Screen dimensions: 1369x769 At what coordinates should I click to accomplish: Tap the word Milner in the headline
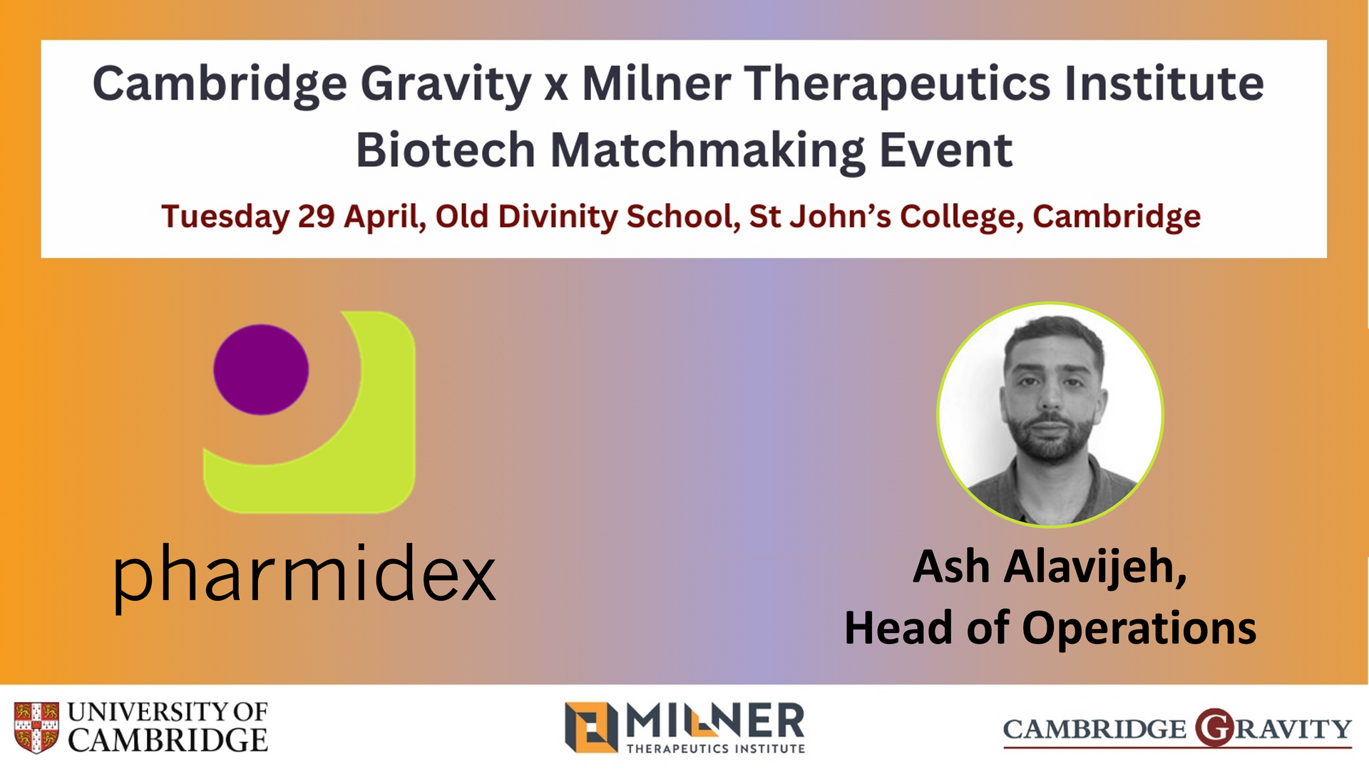click(x=657, y=83)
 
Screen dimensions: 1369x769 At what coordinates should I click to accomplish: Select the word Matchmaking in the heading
click(x=708, y=152)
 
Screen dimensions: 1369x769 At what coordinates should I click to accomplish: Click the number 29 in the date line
click(x=316, y=216)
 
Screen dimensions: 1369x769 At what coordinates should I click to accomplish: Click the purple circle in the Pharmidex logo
click(x=261, y=369)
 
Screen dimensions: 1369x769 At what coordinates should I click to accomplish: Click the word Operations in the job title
click(x=1139, y=629)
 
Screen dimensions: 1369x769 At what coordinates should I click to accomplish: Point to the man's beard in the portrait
click(x=1050, y=435)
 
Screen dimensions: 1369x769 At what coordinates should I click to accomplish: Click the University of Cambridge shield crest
click(x=36, y=727)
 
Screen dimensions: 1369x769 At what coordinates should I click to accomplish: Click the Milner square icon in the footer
click(x=591, y=727)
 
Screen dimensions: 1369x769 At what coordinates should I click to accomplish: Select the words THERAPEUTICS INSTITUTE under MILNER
click(x=716, y=748)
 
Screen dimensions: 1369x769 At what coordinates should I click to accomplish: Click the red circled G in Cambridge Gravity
click(x=1214, y=728)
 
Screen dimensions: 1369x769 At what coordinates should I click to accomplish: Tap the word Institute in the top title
click(x=1164, y=83)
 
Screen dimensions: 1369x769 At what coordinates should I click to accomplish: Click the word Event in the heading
click(x=945, y=150)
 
